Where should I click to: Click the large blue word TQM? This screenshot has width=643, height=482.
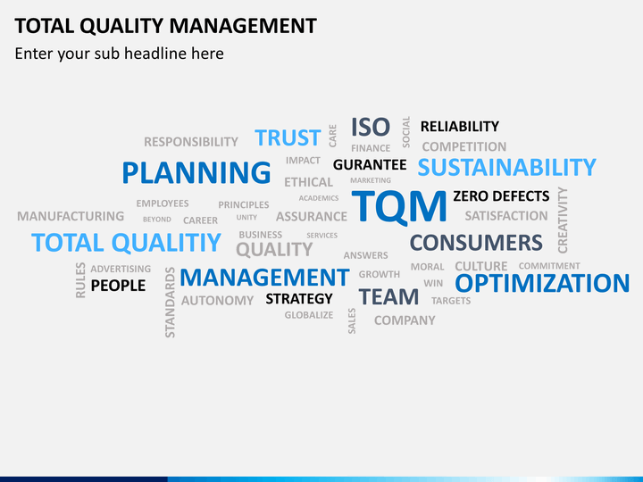click(x=399, y=206)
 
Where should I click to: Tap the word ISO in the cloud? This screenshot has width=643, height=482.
click(x=371, y=127)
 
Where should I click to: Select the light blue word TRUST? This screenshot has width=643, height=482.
click(x=288, y=137)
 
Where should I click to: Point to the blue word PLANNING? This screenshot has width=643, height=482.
click(x=196, y=172)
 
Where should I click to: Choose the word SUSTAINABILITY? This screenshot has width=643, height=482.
click(x=507, y=167)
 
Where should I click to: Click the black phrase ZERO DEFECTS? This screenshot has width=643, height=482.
click(x=501, y=196)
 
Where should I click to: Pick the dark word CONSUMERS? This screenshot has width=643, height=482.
click(x=476, y=243)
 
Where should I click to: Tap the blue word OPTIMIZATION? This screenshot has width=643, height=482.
click(x=542, y=283)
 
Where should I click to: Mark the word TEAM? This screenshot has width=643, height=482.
click(x=388, y=297)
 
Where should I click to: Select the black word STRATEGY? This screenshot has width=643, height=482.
click(x=299, y=299)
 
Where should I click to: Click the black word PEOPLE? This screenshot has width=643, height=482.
click(x=118, y=286)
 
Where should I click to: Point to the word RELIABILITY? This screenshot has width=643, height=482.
click(x=460, y=127)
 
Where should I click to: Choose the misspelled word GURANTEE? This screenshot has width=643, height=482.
click(x=370, y=165)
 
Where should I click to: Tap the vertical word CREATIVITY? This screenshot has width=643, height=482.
click(x=563, y=220)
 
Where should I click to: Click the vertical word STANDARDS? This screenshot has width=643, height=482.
click(x=170, y=303)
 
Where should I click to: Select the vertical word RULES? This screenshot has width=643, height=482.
click(x=80, y=280)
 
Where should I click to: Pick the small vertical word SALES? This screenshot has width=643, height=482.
click(x=352, y=321)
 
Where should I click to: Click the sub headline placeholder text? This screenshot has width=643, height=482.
click(x=120, y=54)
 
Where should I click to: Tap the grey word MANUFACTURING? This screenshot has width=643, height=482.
click(x=71, y=216)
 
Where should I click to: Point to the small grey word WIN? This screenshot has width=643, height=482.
click(x=433, y=283)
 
